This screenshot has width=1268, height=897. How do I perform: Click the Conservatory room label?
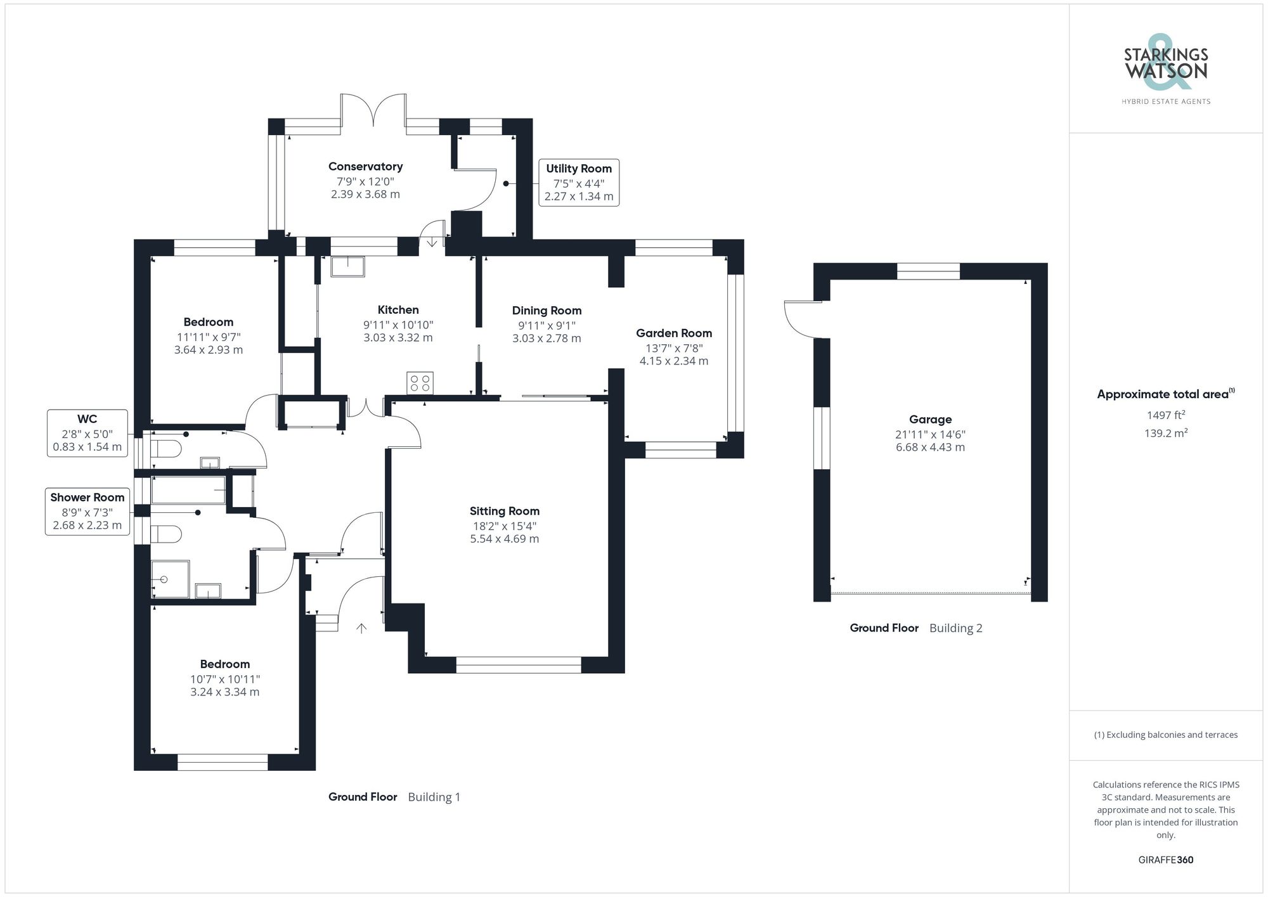click(365, 167)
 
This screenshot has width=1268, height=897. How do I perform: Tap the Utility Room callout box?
click(579, 183)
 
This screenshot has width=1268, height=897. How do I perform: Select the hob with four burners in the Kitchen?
click(420, 383)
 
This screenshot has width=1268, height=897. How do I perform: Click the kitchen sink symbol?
click(347, 266)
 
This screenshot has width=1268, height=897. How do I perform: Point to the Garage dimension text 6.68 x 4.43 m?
click(930, 448)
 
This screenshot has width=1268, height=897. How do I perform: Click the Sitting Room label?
click(505, 511)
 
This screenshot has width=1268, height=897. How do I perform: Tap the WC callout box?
click(87, 433)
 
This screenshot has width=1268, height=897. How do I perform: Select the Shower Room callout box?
click(87, 512)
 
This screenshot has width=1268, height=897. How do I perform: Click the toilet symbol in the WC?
click(166, 449)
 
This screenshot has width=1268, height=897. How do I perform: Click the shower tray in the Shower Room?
click(170, 579)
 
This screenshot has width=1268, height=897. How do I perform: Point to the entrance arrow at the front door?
click(361, 628)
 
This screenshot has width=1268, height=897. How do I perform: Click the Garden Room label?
click(674, 333)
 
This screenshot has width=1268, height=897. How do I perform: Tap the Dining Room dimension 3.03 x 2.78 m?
click(547, 339)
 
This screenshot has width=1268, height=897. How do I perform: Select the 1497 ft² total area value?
click(1166, 415)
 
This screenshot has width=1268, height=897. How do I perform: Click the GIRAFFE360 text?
click(1166, 860)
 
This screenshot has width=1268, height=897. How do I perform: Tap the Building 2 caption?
click(955, 628)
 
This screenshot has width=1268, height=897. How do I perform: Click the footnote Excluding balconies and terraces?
click(1166, 735)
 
